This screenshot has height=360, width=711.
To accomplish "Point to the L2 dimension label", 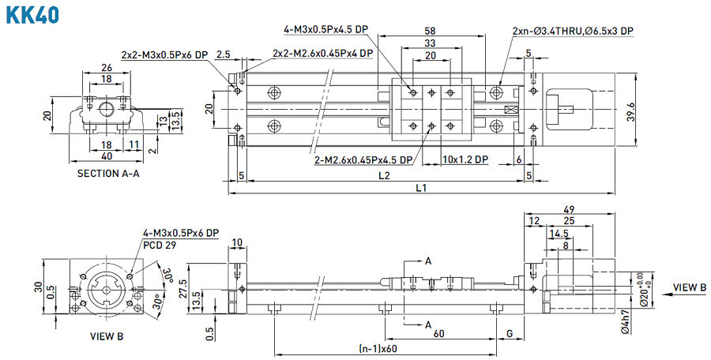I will point(384,174).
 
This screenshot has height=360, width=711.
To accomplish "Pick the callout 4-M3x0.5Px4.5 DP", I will point(325,29).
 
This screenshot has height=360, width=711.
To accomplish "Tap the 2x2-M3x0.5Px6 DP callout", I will point(164,55).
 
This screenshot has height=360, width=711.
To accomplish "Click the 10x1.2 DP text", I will point(466,159).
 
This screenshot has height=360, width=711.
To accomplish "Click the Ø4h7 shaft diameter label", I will point(625,323).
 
